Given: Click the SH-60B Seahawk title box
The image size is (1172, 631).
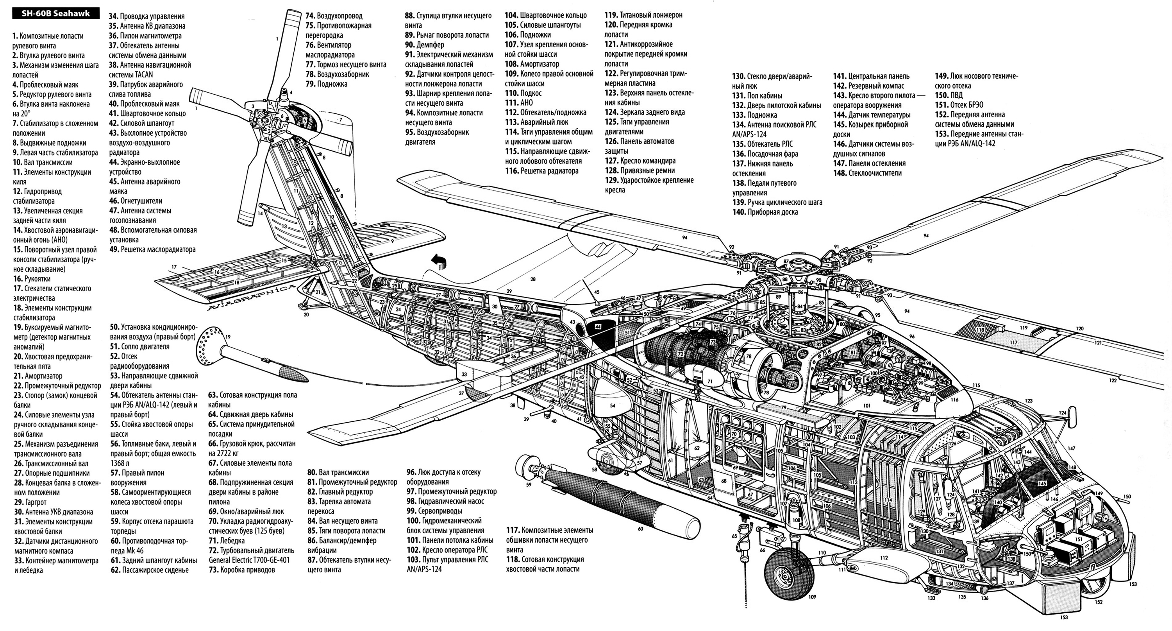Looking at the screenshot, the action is coord(55,14).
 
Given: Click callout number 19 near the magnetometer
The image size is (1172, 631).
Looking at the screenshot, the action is coord(228,337).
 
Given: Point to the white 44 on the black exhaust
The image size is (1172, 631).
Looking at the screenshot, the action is coord(598,326).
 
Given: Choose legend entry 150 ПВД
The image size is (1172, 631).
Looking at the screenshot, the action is coord(949,95).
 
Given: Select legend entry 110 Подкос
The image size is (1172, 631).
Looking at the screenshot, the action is coord(523,93).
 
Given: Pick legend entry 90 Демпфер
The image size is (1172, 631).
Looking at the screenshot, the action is coord(425,45).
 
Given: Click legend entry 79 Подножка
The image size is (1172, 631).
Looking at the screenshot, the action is coord(326,84).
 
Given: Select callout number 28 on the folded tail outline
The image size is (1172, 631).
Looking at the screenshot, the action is coord(533,279).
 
